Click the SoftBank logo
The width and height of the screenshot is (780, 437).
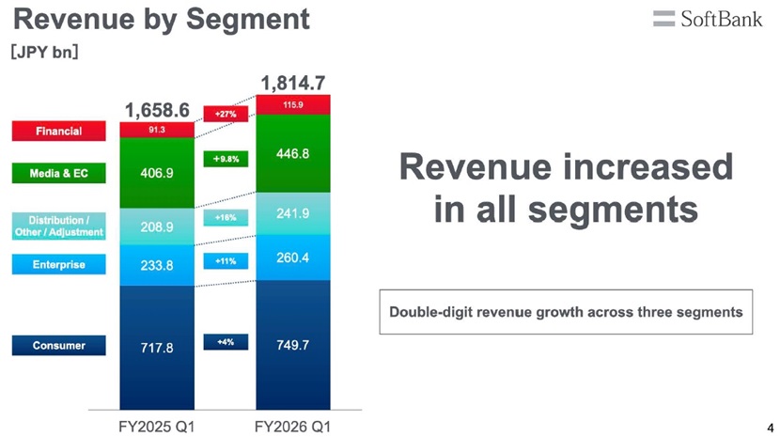click(708, 19)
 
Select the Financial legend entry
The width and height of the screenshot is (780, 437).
click(58, 131)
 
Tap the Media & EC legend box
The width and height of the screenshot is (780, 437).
click(58, 173)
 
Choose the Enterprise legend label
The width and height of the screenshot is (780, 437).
click(58, 264)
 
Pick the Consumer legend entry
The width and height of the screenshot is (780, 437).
click(58, 346)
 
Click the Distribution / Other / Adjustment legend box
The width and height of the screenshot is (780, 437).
click(58, 226)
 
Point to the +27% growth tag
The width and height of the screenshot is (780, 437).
click(226, 114)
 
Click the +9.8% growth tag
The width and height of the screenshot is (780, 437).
click(226, 159)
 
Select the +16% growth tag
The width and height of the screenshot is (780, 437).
click(226, 217)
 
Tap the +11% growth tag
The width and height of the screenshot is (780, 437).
click(226, 261)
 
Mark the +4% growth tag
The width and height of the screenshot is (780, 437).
click(226, 342)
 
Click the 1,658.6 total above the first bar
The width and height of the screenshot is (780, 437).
click(157, 111)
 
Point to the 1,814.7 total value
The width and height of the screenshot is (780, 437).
click(293, 83)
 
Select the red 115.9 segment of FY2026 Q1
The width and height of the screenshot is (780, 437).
click(293, 104)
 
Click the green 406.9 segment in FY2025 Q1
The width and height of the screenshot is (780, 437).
click(157, 173)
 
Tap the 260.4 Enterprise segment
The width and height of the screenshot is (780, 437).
click(293, 258)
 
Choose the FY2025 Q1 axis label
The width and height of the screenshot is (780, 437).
click(157, 427)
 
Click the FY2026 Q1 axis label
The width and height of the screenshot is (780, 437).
click(292, 427)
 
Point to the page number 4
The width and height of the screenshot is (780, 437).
click(771, 428)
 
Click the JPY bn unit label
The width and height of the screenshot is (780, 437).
click(44, 52)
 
